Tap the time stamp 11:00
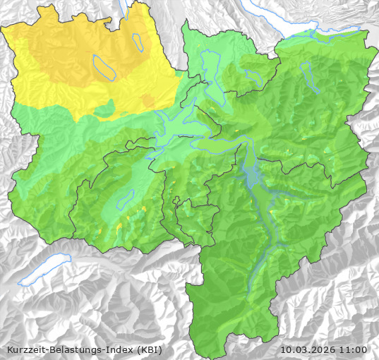tap(353, 349)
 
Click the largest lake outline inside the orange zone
tap(104, 68)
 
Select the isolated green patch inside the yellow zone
tap(104, 109)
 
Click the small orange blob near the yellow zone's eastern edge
tap(148, 103)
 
